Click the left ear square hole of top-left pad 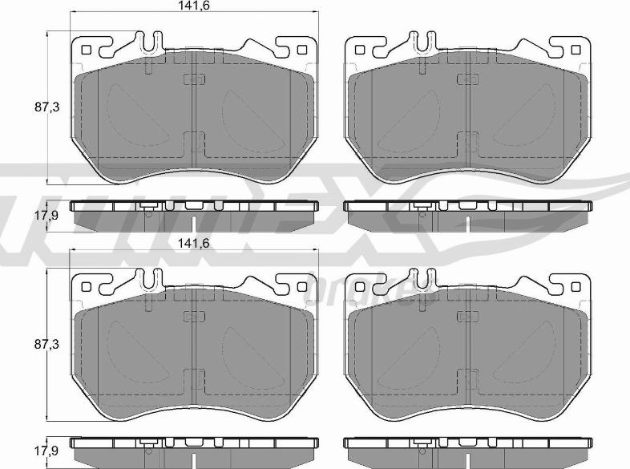point(87,50)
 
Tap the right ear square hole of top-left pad point(301,50)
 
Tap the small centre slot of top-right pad point(466,79)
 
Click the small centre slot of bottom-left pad point(194,314)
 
